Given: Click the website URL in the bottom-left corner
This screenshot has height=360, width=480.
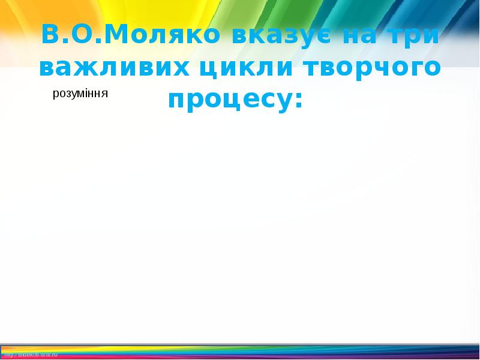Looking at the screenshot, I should (30, 355).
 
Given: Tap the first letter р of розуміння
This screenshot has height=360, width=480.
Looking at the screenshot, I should (56, 95).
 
